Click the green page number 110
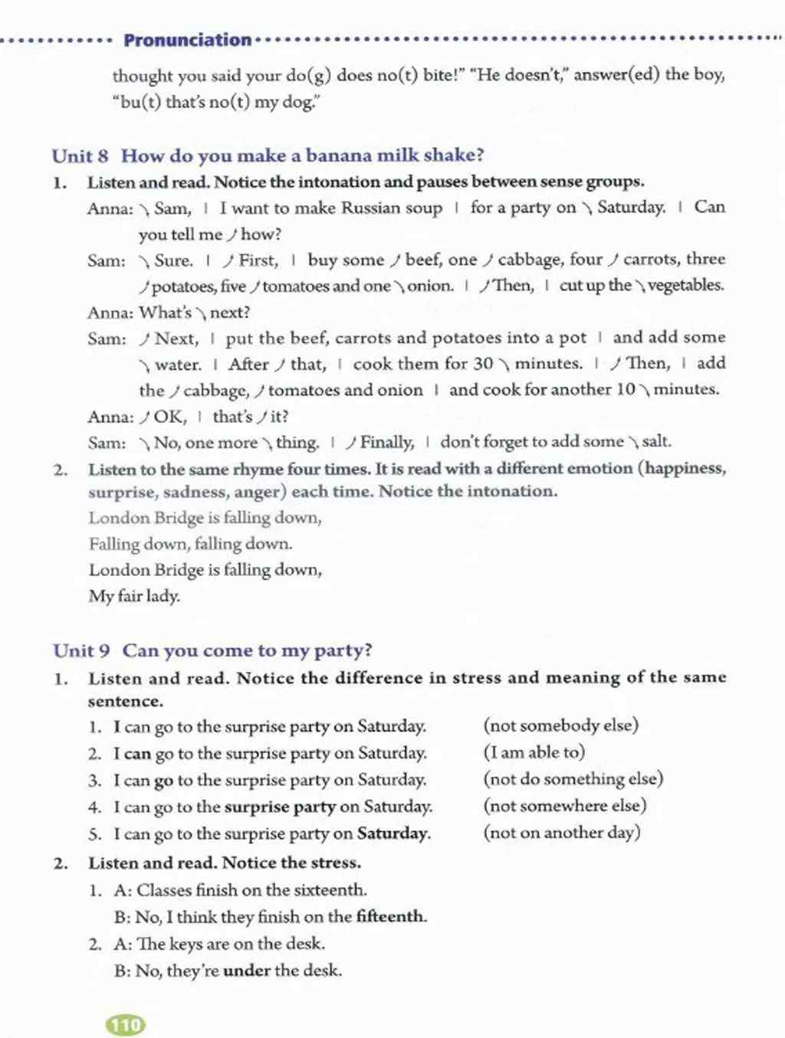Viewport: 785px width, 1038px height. pos(126,1025)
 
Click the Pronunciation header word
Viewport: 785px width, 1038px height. pos(187,40)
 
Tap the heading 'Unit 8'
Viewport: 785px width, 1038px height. pos(80,156)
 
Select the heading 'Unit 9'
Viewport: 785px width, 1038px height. pos(82,651)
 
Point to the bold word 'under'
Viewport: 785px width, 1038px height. pos(247,971)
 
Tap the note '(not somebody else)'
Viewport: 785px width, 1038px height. pos(561,725)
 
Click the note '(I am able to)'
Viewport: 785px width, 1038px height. pos(534,752)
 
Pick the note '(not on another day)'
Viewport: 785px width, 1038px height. pos(562,833)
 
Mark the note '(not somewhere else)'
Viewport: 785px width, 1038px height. pos(565,806)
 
